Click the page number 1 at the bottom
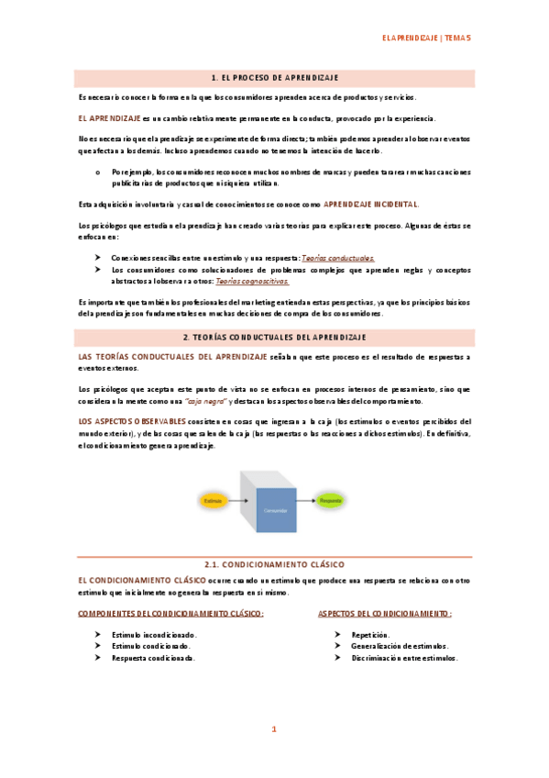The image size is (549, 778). [273, 730]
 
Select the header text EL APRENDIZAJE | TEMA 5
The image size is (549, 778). [426, 39]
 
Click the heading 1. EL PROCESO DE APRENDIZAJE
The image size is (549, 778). [275, 79]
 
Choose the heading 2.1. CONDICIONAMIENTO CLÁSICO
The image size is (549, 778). [275, 565]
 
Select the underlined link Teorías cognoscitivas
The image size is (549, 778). [252, 283]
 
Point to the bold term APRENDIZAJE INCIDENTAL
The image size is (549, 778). [371, 203]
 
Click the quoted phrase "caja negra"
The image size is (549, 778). [206, 401]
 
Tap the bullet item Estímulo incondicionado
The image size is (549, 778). [154, 634]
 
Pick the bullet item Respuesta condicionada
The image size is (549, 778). [153, 658]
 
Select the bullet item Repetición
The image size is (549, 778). [370, 634]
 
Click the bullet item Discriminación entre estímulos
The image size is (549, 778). [404, 658]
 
